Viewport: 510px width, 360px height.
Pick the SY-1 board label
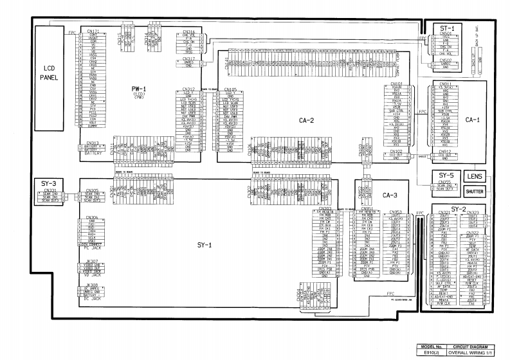[197, 245]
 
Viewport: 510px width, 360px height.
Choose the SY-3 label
[49, 184]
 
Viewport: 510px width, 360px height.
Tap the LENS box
[475, 176]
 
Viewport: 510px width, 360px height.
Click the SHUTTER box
[475, 192]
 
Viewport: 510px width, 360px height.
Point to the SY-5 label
[446, 175]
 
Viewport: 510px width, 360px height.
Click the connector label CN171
[93, 31]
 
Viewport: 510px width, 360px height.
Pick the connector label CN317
[188, 59]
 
